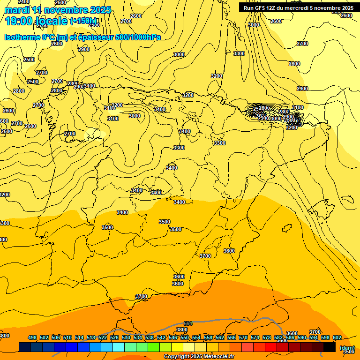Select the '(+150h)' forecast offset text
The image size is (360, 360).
point(83,21)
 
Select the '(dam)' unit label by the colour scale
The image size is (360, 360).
point(346,348)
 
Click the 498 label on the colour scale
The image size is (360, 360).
point(32,337)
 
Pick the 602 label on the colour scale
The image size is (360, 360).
point(337,337)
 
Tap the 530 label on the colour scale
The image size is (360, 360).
point(126,337)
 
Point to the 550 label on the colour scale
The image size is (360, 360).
point(185,337)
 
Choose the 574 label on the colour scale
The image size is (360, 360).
point(255,337)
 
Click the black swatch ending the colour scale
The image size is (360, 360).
point(330,347)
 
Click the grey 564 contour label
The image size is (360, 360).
point(188,323)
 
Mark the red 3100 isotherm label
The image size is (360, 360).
point(112,119)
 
